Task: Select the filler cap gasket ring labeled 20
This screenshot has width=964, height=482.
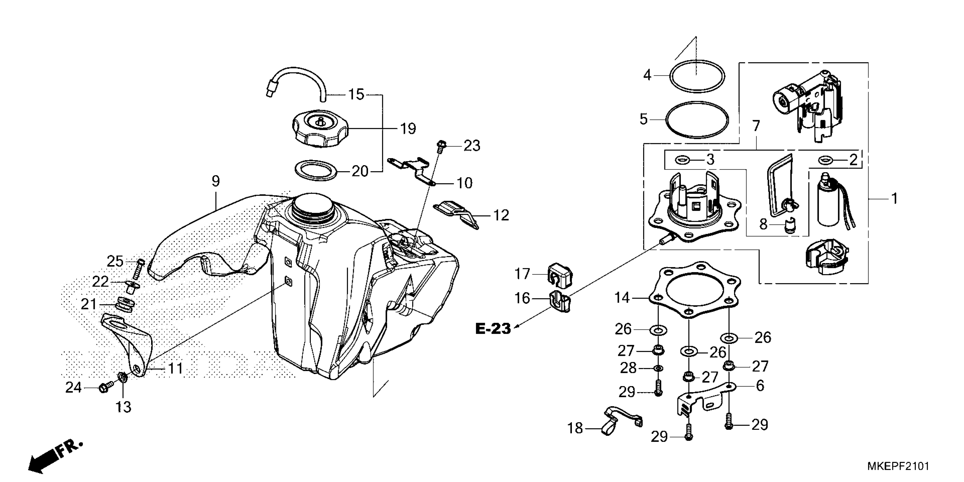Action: click(x=316, y=170)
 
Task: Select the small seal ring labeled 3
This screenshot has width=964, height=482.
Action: click(x=682, y=160)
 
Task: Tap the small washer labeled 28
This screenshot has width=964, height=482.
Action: click(x=658, y=369)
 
